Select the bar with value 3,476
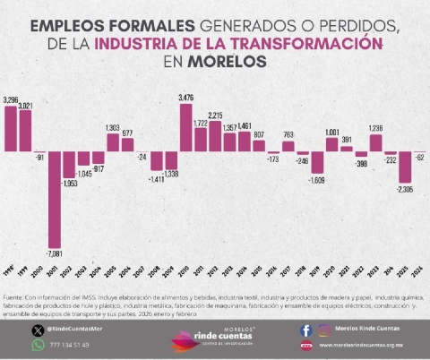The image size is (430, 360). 186,128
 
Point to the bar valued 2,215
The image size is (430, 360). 215,136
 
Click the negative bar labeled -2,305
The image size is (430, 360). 405,167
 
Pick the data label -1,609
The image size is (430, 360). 317,180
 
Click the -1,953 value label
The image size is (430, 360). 69,184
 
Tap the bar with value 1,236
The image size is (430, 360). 375,142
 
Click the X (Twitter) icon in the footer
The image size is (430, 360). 38,330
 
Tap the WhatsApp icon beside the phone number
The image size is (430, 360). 38,345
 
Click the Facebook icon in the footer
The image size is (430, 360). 306,330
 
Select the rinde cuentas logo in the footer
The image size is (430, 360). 214,338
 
